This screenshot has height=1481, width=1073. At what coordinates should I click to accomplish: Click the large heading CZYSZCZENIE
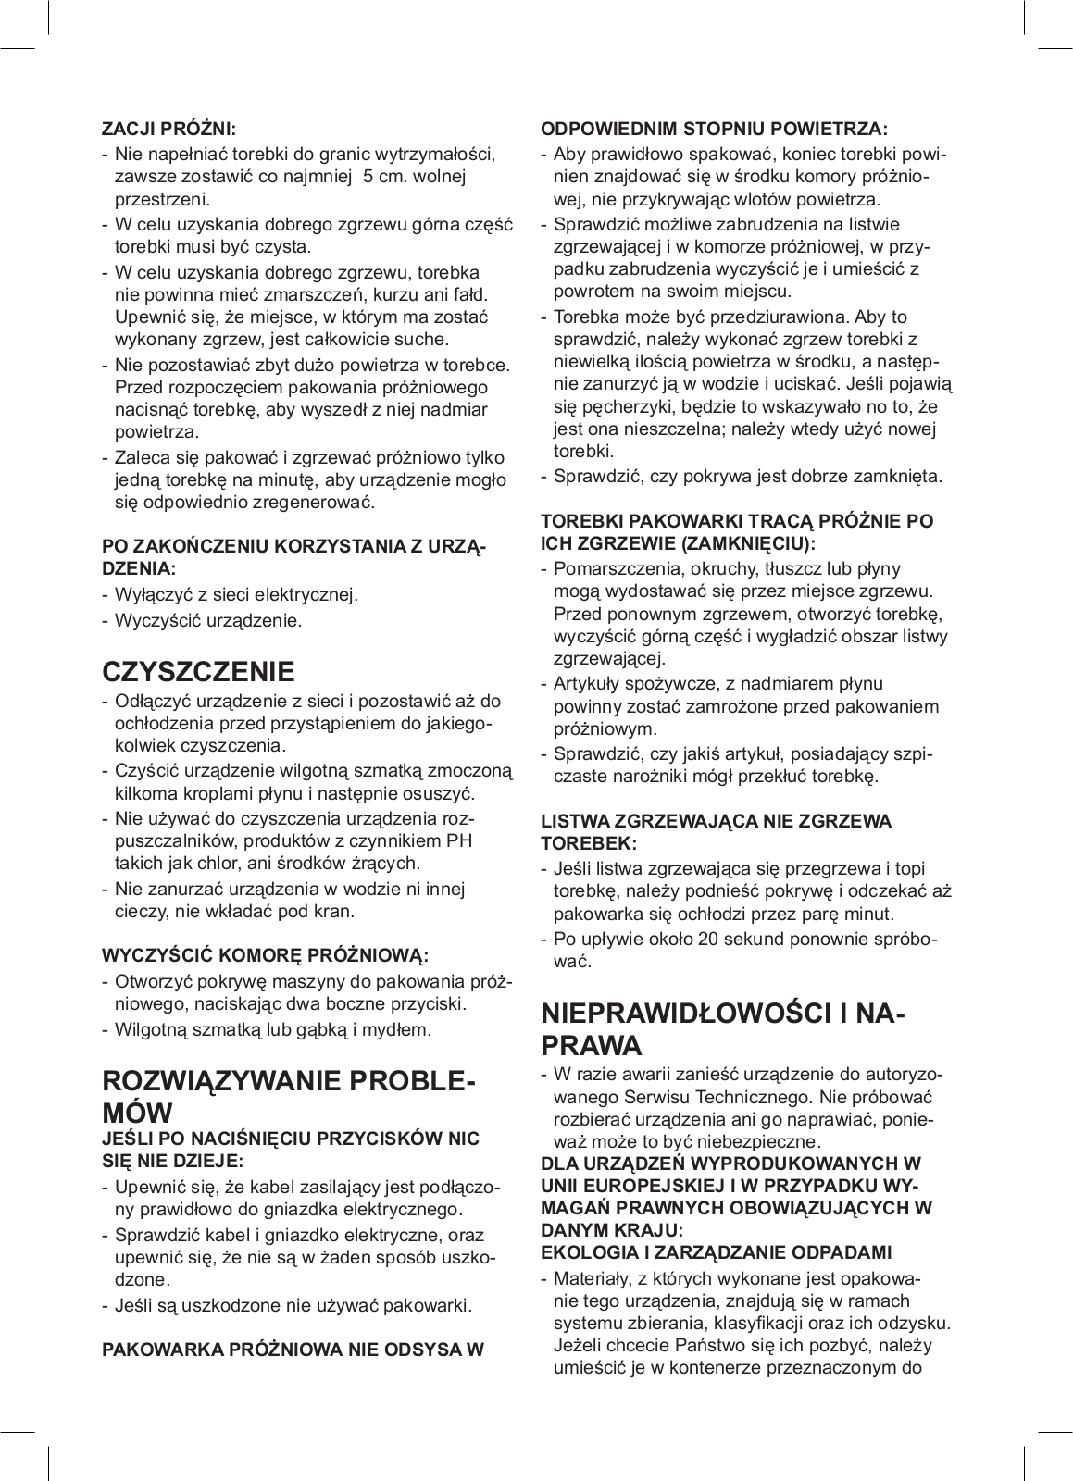tap(198, 671)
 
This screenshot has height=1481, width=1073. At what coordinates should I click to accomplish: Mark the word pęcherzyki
tap(618, 407)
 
